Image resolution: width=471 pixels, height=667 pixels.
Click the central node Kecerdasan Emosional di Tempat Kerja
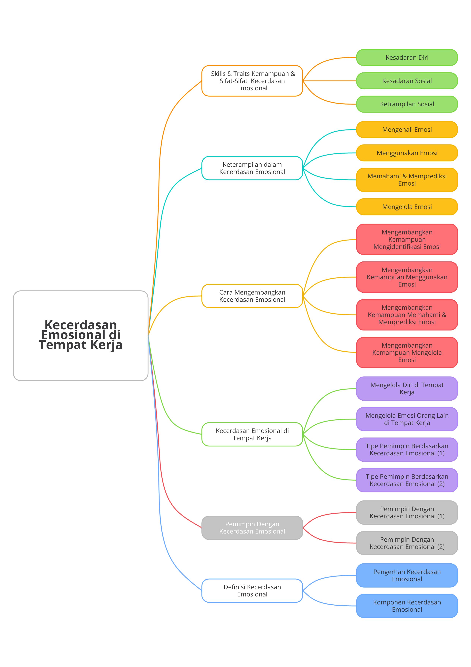pyautogui.click(x=81, y=336)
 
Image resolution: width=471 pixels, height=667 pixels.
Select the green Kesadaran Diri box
pyautogui.click(x=407, y=58)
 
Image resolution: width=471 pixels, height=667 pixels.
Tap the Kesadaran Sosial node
pyautogui.click(x=407, y=81)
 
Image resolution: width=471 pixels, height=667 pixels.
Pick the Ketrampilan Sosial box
pyautogui.click(x=407, y=104)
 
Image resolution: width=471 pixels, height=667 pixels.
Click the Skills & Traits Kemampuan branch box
pyautogui.click(x=252, y=81)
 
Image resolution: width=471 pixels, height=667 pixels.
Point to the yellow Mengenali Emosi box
pyautogui.click(x=407, y=129)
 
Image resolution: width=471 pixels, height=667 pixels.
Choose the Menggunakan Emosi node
pyautogui.click(x=407, y=153)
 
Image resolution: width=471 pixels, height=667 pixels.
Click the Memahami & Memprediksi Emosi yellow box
pyautogui.click(x=407, y=180)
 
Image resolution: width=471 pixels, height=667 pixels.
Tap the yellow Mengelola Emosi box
pyautogui.click(x=407, y=207)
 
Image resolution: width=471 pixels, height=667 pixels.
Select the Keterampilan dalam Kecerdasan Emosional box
pyautogui.click(x=252, y=168)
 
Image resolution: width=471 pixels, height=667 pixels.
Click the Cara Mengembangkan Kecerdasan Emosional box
pyautogui.click(x=252, y=296)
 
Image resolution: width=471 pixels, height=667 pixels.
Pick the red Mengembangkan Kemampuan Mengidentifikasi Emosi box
pyautogui.click(x=407, y=239)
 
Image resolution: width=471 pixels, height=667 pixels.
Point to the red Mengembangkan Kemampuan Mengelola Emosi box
pyautogui.click(x=407, y=352)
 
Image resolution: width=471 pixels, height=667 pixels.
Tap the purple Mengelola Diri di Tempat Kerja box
pyautogui.click(x=407, y=388)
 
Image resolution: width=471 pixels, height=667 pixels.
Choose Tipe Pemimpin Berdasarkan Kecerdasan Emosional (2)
pyautogui.click(x=407, y=480)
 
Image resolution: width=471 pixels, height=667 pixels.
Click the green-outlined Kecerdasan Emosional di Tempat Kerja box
pyautogui.click(x=252, y=434)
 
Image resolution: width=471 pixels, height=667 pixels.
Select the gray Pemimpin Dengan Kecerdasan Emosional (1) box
pyautogui.click(x=407, y=512)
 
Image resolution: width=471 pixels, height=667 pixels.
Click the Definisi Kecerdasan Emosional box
pyautogui.click(x=252, y=591)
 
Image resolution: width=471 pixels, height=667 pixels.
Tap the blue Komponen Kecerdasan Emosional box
pyautogui.click(x=407, y=606)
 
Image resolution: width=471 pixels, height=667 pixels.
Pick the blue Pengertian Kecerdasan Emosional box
pyautogui.click(x=407, y=576)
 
